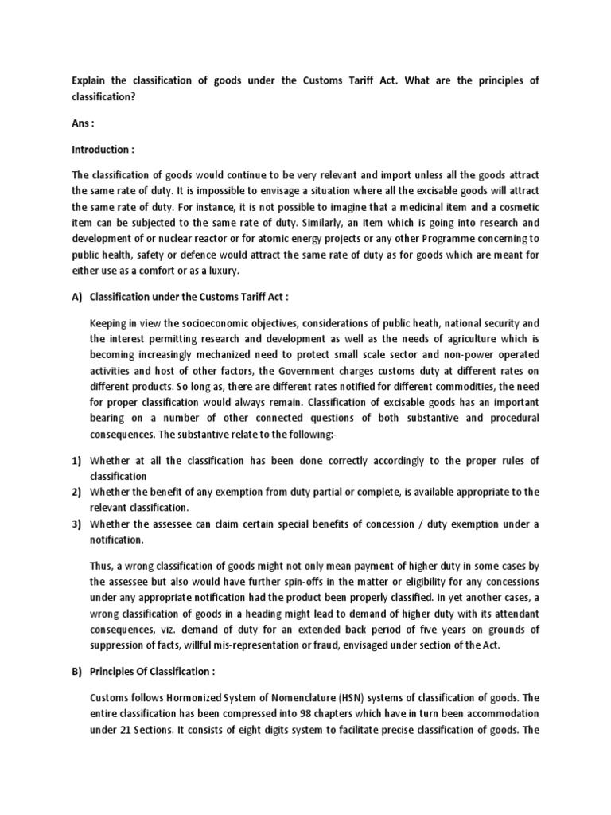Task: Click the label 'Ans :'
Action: [84, 125]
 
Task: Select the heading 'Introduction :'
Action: [103, 150]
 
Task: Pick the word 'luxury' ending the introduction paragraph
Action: [199, 272]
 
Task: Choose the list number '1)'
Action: [77, 462]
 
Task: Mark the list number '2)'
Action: [77, 492]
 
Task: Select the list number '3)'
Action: [77, 523]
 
